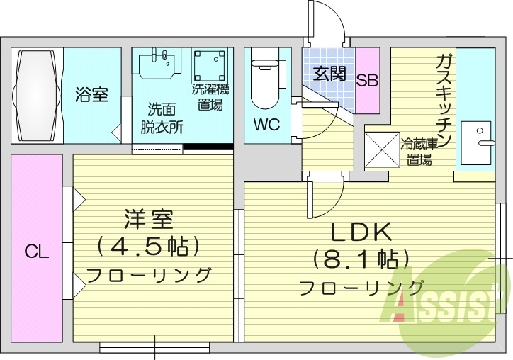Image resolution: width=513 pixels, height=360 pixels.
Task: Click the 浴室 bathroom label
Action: click(92, 94)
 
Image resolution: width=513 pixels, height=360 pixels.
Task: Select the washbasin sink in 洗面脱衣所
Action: click(157, 64)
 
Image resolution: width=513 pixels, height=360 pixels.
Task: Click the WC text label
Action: click(266, 125)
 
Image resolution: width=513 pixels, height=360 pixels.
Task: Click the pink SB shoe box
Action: click(367, 80)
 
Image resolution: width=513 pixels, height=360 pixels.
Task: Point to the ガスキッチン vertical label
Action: click(444, 99)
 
